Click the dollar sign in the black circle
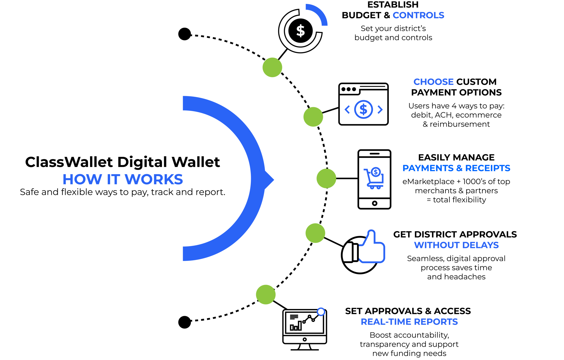click(300, 31)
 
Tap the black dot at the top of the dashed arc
click(184, 34)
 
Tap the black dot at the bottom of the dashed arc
click(184, 322)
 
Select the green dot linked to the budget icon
click(272, 68)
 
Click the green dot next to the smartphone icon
click(326, 178)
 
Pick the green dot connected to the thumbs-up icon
click(315, 233)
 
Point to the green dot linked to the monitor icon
click(266, 295)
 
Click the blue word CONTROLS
click(418, 15)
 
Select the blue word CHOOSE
click(433, 82)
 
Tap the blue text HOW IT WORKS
click(123, 179)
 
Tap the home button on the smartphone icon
click(374, 203)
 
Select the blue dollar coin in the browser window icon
click(364, 109)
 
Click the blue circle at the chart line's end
click(321, 312)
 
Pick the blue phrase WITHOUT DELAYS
click(456, 245)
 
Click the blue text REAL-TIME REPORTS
click(409, 322)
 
